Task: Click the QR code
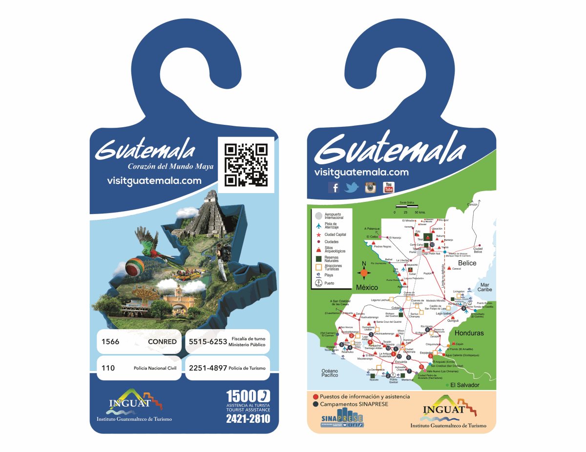click(246, 165)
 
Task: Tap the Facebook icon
click(335, 187)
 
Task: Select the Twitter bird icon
click(352, 188)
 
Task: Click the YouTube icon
click(389, 187)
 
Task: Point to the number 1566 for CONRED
click(110, 342)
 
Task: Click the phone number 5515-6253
click(208, 342)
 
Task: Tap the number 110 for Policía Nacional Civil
click(108, 368)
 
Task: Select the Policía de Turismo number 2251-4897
click(208, 368)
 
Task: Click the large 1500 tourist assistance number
click(241, 395)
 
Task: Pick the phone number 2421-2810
click(248, 418)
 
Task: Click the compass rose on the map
click(364, 271)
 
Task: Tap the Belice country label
click(467, 263)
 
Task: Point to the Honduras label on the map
click(469, 333)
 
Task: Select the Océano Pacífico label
click(330, 373)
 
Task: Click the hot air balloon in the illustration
click(135, 268)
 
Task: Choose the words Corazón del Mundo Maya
click(170, 167)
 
